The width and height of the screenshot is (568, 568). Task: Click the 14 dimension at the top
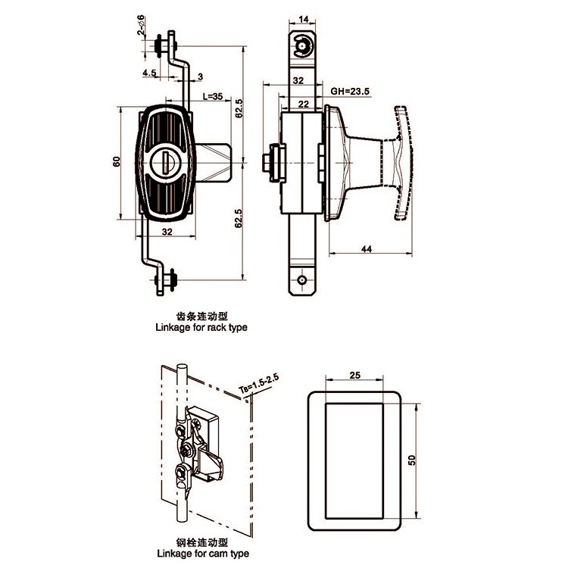coord(303,19)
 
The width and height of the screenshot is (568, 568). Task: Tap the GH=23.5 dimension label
coord(350,92)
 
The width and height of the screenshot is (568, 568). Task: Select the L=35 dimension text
coord(213,96)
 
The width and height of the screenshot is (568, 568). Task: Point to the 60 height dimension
coord(117,161)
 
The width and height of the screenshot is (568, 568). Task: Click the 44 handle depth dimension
coord(367,249)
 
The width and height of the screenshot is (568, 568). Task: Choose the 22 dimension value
coord(304,105)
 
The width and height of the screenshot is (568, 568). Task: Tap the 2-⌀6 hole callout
coord(141,25)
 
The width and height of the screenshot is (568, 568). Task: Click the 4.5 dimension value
coord(149,73)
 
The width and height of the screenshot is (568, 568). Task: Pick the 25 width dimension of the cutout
coord(355,376)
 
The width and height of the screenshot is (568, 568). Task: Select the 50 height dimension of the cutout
coord(412,460)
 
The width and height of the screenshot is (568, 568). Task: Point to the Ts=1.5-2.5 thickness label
coord(259,384)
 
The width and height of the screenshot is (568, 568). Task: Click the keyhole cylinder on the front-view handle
coord(164,162)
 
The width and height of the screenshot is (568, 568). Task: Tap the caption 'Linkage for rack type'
coord(201,327)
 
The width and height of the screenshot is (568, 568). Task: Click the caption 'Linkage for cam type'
coord(203,554)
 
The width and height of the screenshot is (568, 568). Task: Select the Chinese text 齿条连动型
coord(201,317)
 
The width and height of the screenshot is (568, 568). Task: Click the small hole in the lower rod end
coord(302,279)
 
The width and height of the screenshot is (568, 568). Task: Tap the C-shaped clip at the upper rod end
coord(302,46)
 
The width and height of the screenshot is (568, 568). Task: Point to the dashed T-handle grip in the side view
coord(403,163)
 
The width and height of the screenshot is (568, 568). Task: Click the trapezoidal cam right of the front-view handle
coord(214,163)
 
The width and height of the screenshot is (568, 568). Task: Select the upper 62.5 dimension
coord(239,108)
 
